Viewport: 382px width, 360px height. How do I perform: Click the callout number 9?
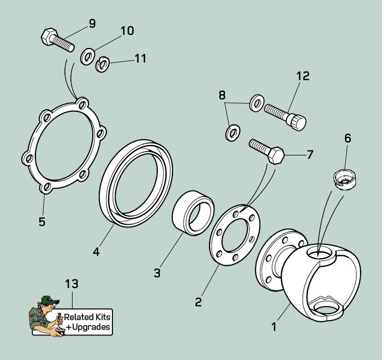click(x=92, y=23)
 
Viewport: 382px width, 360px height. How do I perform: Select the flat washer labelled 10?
click(x=88, y=57)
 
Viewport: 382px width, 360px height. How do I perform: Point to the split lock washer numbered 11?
click(x=102, y=64)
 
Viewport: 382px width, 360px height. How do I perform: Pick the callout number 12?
click(x=303, y=76)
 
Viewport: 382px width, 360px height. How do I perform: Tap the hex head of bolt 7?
click(x=276, y=155)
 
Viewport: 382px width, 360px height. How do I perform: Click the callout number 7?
click(x=309, y=155)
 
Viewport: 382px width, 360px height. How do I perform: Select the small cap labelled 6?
click(x=344, y=180)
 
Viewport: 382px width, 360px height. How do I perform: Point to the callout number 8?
click(x=222, y=95)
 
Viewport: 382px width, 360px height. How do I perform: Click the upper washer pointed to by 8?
click(x=256, y=103)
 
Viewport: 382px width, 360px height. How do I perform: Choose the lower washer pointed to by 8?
click(x=233, y=133)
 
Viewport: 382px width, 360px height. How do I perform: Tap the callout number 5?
click(x=42, y=222)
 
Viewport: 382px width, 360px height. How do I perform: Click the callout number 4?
click(x=97, y=251)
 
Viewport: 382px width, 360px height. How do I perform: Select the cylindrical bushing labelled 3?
click(x=193, y=213)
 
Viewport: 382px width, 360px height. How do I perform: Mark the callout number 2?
click(x=199, y=302)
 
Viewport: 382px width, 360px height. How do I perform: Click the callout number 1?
click(x=274, y=327)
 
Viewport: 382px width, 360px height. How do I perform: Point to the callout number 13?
click(x=71, y=284)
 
